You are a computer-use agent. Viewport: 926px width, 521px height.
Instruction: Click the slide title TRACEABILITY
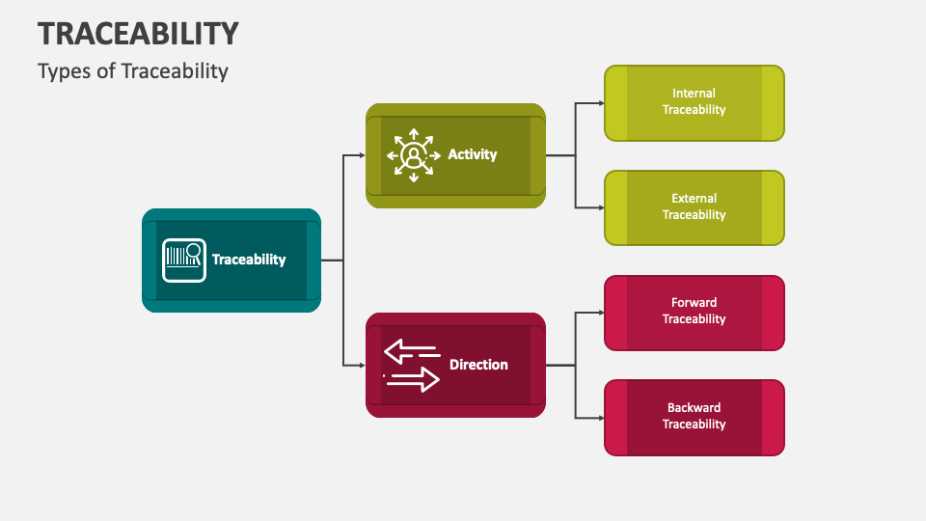[138, 33]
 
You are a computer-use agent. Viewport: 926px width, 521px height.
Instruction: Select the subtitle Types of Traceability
[133, 70]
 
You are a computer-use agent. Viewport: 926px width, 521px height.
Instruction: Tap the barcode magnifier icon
[183, 260]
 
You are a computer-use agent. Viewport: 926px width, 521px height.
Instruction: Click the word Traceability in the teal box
[249, 260]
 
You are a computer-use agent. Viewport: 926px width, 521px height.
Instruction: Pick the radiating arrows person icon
[413, 154]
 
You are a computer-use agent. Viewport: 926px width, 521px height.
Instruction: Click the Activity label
[473, 154]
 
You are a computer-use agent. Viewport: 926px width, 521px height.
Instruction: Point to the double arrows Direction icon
[412, 365]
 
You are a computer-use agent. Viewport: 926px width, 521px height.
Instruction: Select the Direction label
[478, 365]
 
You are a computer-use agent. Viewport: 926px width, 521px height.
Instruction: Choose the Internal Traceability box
[694, 102]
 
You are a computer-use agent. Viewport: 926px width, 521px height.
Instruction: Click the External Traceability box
[694, 207]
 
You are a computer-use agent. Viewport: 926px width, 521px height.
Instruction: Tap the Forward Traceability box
[694, 312]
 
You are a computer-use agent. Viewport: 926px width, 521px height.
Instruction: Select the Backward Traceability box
[694, 417]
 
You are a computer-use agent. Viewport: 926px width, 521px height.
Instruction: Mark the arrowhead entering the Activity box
[361, 154]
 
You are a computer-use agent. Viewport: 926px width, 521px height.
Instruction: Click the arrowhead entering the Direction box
[361, 365]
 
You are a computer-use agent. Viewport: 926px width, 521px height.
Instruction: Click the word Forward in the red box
[694, 303]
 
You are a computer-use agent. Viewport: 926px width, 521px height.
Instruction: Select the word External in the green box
[694, 199]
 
